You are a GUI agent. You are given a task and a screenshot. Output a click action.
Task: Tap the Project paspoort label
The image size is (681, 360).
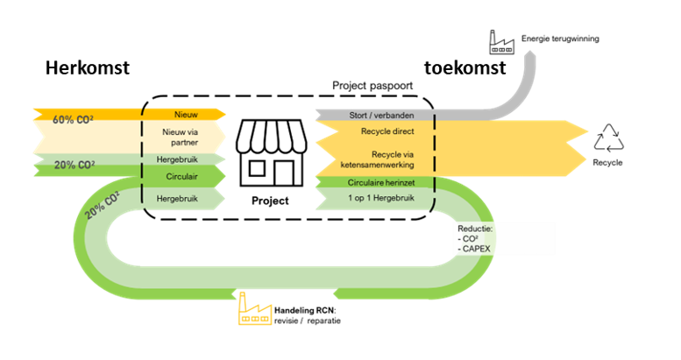(372, 87)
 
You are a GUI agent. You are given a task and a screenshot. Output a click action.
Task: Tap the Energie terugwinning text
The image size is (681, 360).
(561, 39)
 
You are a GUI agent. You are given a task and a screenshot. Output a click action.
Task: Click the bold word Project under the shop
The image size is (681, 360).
(270, 200)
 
